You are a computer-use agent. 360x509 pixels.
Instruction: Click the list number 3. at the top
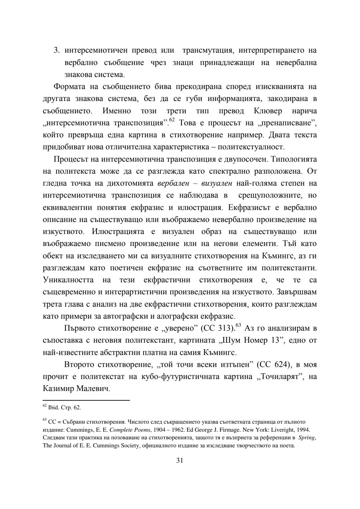[x=57, y=51]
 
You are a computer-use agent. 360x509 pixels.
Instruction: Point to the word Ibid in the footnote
[x=53, y=408]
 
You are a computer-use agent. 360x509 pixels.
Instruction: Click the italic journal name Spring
[x=306, y=438]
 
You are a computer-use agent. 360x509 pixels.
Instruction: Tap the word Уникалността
[x=68, y=280]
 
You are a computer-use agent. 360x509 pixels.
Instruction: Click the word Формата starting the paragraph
[x=67, y=87]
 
